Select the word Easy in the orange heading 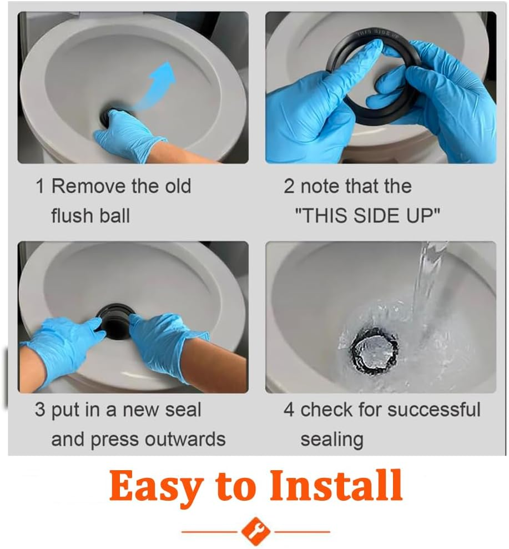(156, 486)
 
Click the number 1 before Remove (39, 187)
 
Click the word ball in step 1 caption (115, 215)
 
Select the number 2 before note (289, 187)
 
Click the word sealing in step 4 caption (331, 440)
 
